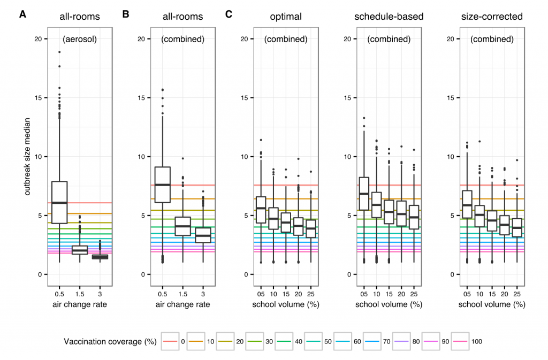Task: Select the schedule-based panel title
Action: pos(389,17)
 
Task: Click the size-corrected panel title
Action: pos(492,17)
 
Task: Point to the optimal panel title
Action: pos(285,17)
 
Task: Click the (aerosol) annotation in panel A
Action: pos(79,39)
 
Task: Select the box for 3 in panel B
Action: pos(203,235)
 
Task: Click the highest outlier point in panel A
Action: pos(59,52)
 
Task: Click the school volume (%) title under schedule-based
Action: pos(389,304)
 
